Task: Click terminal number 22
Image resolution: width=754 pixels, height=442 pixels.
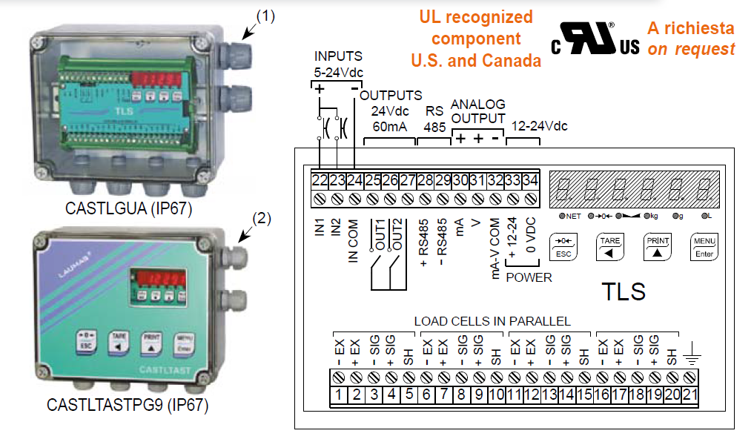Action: pyautogui.click(x=320, y=179)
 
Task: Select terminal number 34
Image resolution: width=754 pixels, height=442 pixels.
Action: pyautogui.click(x=530, y=179)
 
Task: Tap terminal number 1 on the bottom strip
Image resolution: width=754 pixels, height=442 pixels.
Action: pyautogui.click(x=338, y=395)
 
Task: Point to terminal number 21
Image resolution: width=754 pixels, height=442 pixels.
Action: pyautogui.click(x=690, y=395)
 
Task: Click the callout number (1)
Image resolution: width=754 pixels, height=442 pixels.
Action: pyautogui.click(x=265, y=16)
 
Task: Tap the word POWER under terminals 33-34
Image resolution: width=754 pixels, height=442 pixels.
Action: pyautogui.click(x=529, y=277)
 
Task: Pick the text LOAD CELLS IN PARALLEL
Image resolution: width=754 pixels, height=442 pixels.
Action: pyautogui.click(x=492, y=322)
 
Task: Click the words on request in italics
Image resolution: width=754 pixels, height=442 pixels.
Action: pyautogui.click(x=691, y=50)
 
